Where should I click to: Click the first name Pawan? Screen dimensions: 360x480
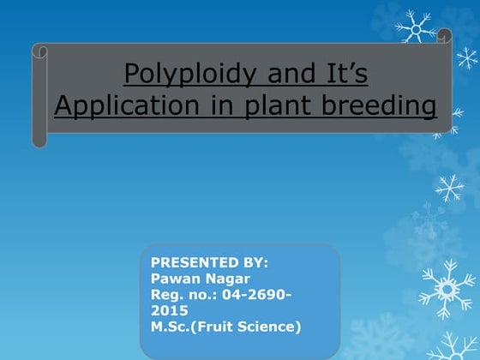pos(174,279)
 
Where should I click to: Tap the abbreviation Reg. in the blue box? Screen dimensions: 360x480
pos(167,295)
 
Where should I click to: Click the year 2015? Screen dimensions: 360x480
pos(169,310)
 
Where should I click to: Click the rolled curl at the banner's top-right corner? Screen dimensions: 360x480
pos(444,36)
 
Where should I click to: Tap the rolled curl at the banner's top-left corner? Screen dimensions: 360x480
pos(40,51)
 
